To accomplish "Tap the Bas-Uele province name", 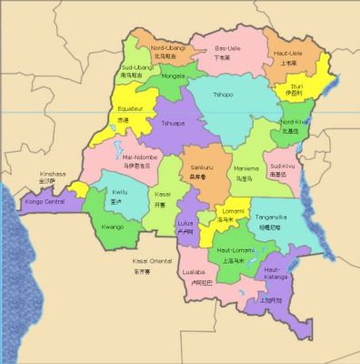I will tap(226, 47).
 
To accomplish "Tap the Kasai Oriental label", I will tap(139, 261).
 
